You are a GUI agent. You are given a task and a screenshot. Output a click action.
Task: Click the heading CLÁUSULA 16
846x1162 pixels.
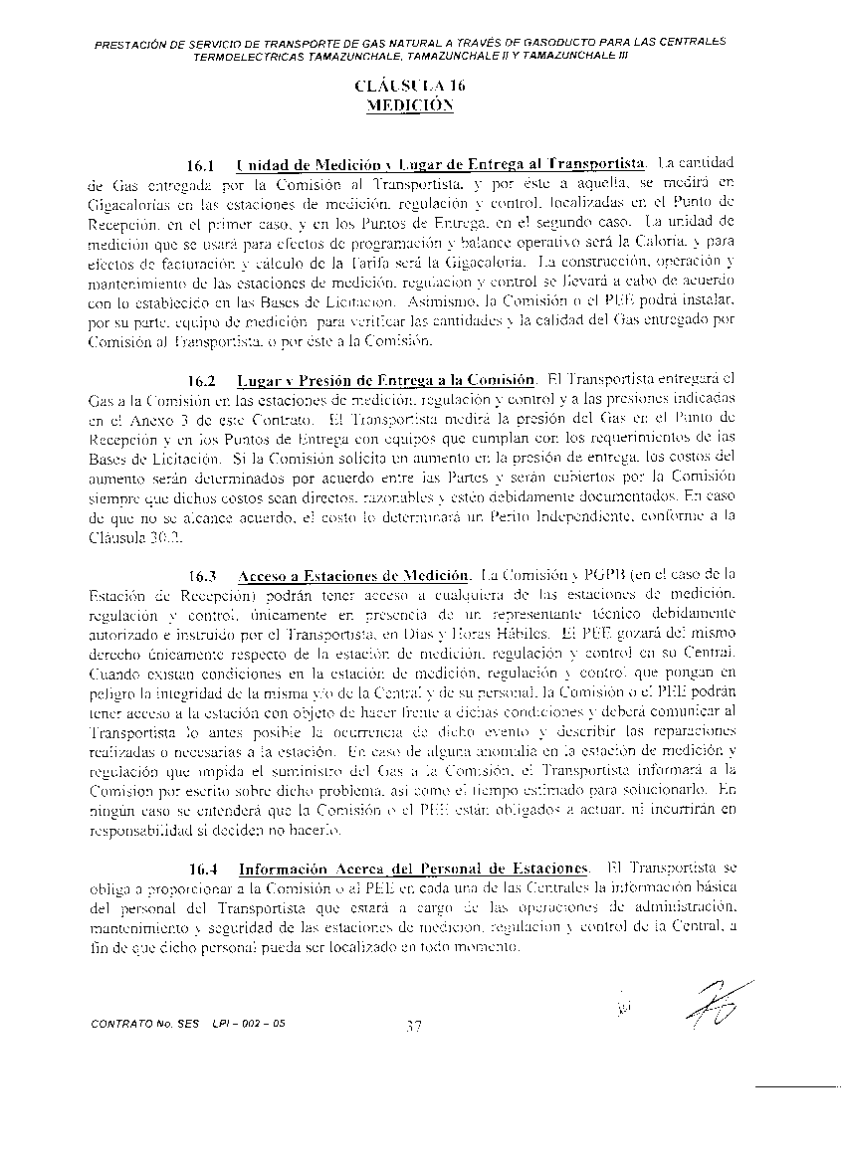pyautogui.click(x=409, y=87)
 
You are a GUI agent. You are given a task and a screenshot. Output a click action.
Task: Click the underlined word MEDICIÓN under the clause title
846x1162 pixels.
pyautogui.click(x=409, y=104)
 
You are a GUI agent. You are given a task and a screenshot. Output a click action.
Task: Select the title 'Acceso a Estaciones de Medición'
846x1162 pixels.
pyautogui.click(x=353, y=576)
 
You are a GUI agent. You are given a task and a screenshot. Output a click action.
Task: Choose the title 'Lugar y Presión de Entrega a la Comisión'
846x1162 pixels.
pyautogui.click(x=387, y=380)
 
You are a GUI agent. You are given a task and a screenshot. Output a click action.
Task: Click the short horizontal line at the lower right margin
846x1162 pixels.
pyautogui.click(x=796, y=1087)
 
